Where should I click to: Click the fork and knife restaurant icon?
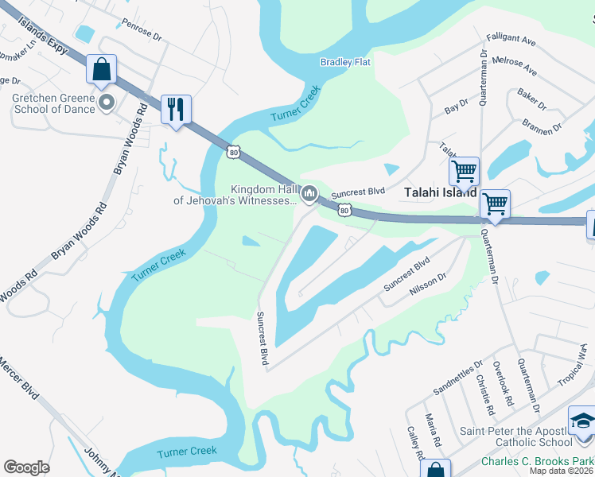[176, 109]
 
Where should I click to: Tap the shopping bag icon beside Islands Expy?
[101, 68]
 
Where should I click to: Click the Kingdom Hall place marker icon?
[310, 194]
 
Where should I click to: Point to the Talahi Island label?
[440, 192]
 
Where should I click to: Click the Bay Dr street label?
[457, 107]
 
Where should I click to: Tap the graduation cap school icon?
[582, 421]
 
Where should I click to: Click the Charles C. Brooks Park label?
[538, 461]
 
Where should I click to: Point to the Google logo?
[26, 468]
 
